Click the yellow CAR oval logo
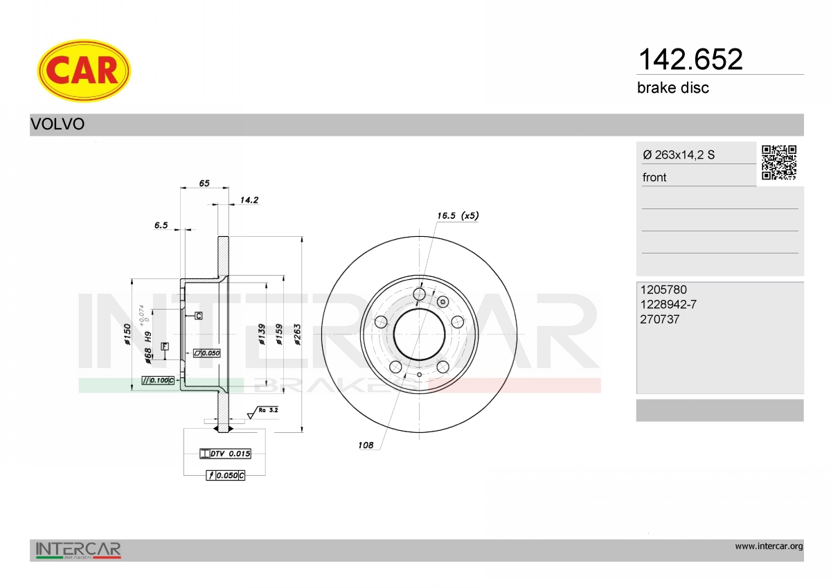84,71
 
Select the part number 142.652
690,60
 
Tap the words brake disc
673,88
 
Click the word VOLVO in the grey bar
57,124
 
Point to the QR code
779,163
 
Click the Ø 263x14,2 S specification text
679,154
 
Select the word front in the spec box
654,177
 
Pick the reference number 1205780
663,289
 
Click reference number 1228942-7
668,304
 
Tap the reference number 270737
659,319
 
